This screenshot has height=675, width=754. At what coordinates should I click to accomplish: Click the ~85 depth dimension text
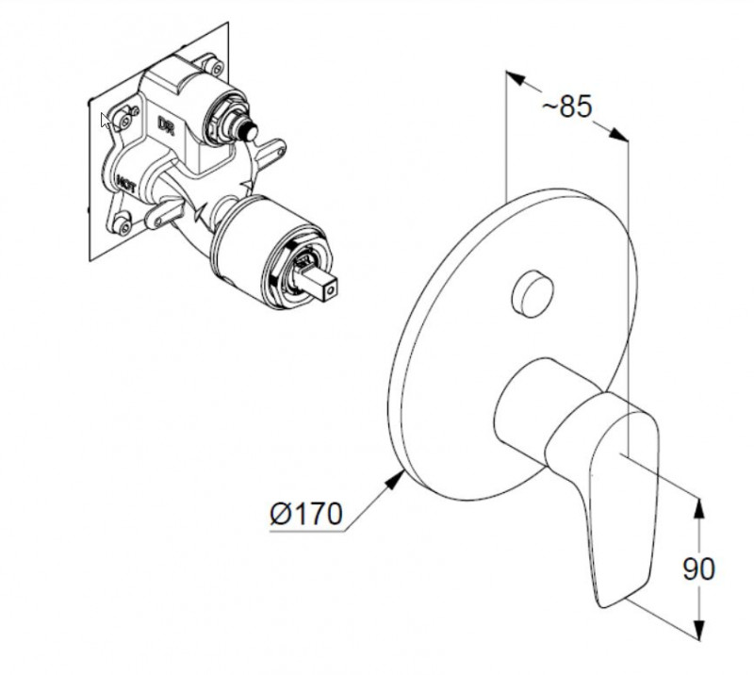point(566,107)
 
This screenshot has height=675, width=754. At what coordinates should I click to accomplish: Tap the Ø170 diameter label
point(305,514)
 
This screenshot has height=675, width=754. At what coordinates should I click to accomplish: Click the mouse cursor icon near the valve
point(106,120)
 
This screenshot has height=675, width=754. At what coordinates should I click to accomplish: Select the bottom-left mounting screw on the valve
point(125,225)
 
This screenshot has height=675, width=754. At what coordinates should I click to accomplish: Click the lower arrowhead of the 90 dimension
point(699,634)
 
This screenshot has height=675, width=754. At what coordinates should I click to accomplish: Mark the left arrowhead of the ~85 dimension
point(514,80)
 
